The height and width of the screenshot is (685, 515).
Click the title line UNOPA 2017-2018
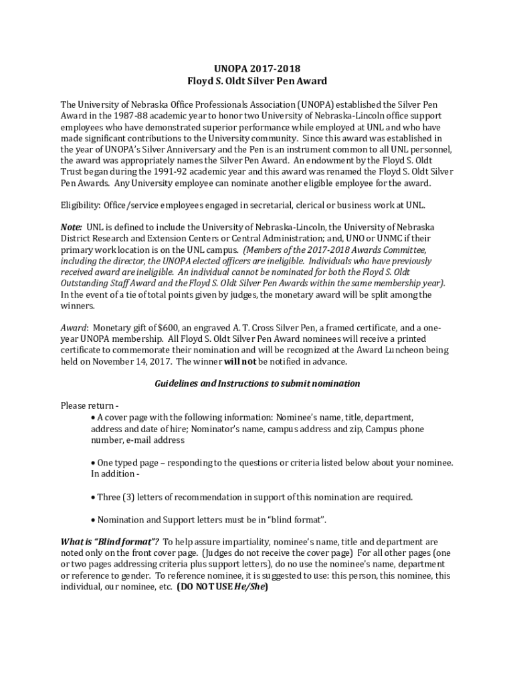point(257,68)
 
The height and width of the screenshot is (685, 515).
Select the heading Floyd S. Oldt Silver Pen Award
point(257,81)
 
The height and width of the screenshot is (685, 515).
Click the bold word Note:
point(72,227)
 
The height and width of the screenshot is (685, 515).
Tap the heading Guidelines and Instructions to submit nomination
point(257,383)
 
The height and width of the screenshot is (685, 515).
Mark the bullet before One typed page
point(93,463)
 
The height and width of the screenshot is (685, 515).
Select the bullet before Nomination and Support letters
point(93,520)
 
